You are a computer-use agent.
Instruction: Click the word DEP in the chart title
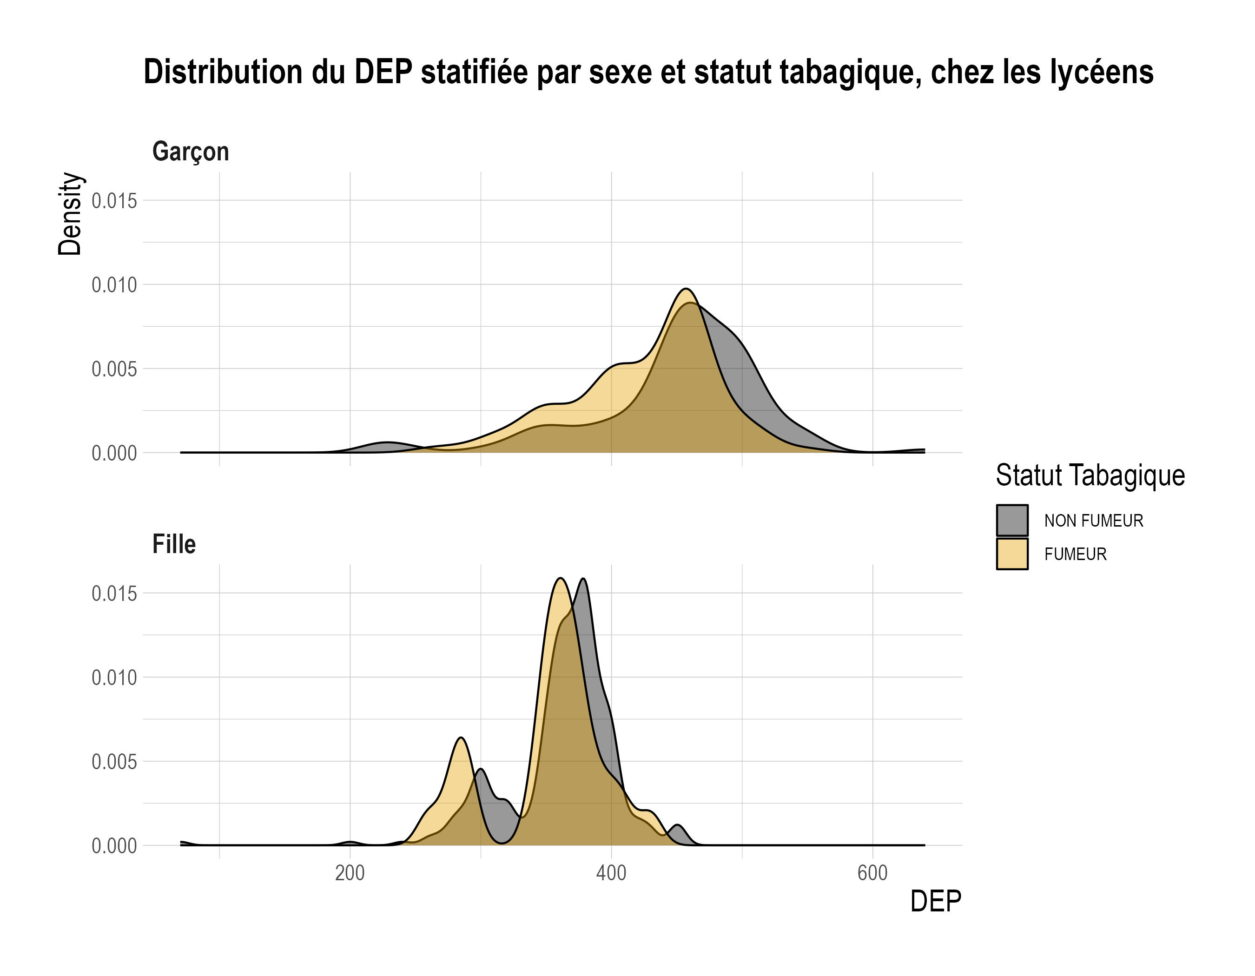pos(383,73)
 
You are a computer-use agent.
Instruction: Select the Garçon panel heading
pos(190,152)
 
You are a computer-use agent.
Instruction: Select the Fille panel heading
pos(173,544)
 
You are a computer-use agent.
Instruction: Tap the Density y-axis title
pos(70,214)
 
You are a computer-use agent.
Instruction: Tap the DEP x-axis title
pos(935,901)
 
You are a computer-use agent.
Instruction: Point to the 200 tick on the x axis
pos(350,873)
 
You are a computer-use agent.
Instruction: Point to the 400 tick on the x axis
pos(611,873)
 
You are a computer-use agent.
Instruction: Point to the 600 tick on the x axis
pos(872,873)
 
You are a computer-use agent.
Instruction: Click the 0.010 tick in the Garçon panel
pos(114,284)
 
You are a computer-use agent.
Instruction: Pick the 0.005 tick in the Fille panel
pos(114,762)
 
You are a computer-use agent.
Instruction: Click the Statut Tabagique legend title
pos(1090,475)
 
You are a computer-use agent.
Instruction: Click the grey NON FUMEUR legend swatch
pos(1012,521)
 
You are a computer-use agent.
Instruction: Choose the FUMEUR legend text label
pos(1075,554)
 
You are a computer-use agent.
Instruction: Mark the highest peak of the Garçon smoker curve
pos(686,289)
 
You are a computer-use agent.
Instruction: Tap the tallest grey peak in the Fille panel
pos(584,579)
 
